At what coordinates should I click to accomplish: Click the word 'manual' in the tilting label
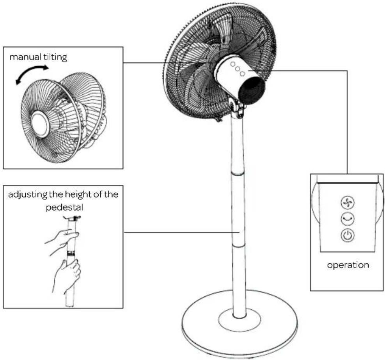(x=25, y=57)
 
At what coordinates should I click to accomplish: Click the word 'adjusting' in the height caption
(x=28, y=195)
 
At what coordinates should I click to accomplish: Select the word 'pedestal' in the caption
(x=64, y=207)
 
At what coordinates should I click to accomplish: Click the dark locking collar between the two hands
(x=71, y=253)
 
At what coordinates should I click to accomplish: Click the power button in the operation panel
(x=348, y=235)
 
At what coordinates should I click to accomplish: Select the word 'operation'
(x=348, y=265)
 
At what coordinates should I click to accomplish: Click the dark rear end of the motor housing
(x=252, y=90)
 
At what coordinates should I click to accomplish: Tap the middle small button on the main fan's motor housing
(x=237, y=69)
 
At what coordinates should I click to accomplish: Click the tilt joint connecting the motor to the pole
(x=237, y=108)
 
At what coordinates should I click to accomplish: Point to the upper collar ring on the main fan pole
(x=238, y=174)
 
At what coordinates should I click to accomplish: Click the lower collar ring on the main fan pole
(x=238, y=246)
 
